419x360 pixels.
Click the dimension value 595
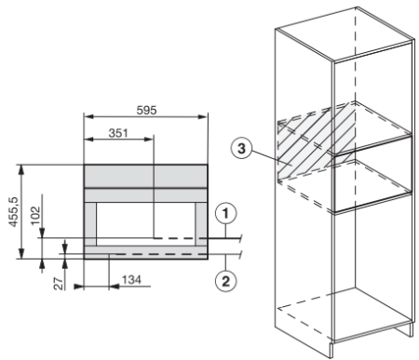[146, 110]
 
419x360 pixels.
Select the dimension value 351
[118, 133]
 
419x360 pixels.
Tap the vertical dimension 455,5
[14, 211]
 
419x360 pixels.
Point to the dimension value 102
[35, 216]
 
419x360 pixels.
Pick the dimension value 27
[59, 285]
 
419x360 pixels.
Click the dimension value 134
[131, 280]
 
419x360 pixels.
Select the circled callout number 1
[225, 214]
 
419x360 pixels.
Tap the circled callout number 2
[225, 282]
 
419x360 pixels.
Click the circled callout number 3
[241, 149]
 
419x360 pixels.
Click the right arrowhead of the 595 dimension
[203, 116]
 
